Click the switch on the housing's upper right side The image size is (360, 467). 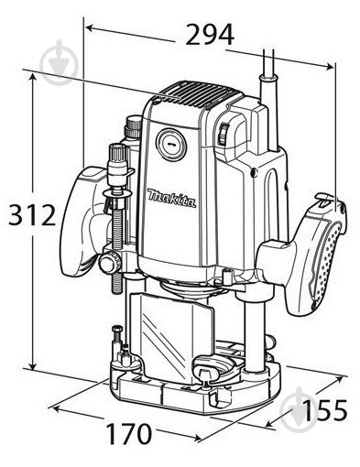point(223,134)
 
